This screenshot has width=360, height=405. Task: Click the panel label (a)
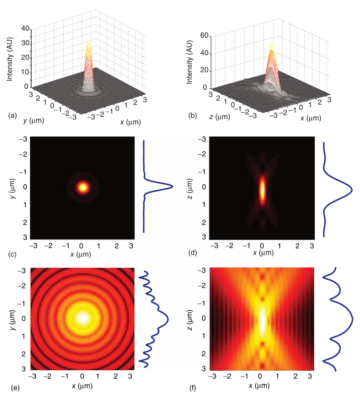[13, 115]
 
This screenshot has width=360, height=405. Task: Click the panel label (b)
[193, 116]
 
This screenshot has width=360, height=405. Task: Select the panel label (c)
[13, 254]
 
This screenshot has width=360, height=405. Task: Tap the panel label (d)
[193, 253]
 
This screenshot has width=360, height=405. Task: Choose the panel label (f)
[193, 388]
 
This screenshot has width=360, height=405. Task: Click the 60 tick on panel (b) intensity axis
[204, 36]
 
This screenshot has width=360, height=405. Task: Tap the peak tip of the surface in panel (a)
[88, 40]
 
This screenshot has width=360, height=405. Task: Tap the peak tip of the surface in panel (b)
[272, 43]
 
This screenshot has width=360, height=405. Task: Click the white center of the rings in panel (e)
[82, 319]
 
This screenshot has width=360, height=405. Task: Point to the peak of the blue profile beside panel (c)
[172, 187]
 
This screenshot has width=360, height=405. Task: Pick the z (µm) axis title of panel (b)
[219, 117]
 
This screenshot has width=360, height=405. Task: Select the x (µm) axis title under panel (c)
[81, 254]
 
